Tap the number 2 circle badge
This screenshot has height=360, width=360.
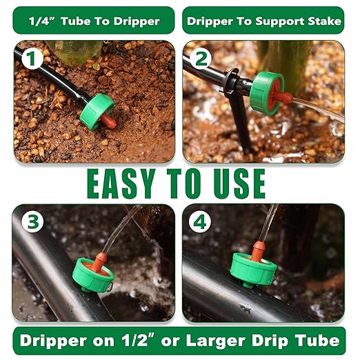[201, 59]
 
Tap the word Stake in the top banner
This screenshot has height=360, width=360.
[323, 21]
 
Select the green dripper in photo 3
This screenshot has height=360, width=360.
[92, 274]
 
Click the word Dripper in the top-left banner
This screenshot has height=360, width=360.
[134, 21]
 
